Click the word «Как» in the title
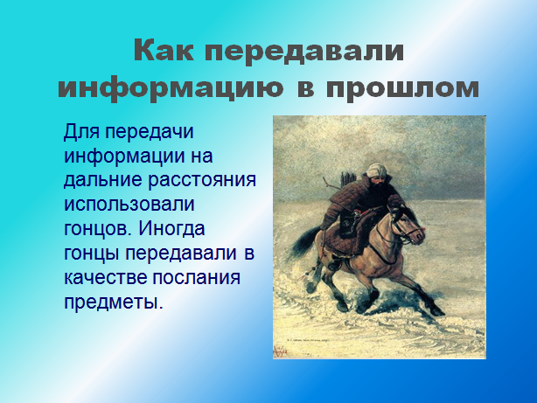(x=164, y=51)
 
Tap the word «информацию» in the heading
(x=171, y=88)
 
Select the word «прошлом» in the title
(x=402, y=88)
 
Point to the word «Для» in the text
(x=81, y=132)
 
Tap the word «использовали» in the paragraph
(x=129, y=205)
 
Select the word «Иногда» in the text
(x=171, y=229)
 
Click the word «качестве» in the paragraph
(x=105, y=278)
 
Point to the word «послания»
(x=196, y=278)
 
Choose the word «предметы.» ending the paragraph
(x=113, y=302)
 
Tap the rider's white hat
(x=376, y=170)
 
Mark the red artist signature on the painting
(x=281, y=351)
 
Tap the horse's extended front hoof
(x=437, y=311)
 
